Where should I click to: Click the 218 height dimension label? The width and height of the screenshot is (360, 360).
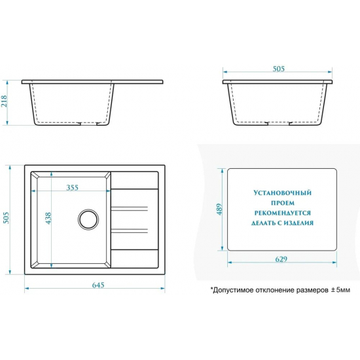pos(5,101)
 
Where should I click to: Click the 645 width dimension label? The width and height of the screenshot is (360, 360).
pos(98,285)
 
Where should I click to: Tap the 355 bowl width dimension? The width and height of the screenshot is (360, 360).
pos(72,188)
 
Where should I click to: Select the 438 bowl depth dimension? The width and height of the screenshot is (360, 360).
pos(48,218)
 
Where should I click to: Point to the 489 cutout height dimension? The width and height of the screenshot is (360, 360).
pos(219,209)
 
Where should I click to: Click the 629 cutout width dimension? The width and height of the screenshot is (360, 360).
pos(281,259)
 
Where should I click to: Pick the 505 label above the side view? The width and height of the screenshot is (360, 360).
pos(278,69)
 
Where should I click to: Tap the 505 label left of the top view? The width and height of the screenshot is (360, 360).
pos(7,218)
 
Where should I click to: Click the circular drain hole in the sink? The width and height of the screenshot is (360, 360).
pos(88,219)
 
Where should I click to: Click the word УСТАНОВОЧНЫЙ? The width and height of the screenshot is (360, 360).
pos(282,192)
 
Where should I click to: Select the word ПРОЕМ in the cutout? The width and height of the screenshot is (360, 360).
pos(283,203)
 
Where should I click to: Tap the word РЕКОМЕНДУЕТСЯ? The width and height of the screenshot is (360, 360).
pos(282,213)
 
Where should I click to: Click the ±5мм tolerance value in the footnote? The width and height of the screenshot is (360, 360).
pos(340,290)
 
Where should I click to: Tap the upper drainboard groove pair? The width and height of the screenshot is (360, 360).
pos(129,208)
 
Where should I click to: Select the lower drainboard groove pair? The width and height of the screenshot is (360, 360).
pos(129,231)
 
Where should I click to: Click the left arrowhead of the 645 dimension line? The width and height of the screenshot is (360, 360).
pos(26,288)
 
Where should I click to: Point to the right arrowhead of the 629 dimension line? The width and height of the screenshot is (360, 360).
pos(334,262)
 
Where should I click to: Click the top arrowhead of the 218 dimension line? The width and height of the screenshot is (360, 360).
pos(7,82)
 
